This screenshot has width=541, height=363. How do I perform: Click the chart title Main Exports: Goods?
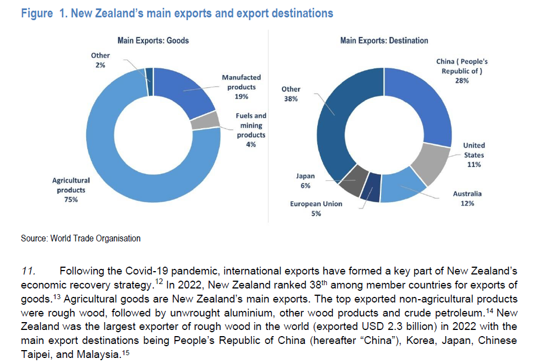[153, 40]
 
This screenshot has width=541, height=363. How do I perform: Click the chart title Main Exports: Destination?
[384, 40]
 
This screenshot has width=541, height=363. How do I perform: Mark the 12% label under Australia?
[467, 203]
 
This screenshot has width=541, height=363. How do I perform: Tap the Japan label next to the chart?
[305, 176]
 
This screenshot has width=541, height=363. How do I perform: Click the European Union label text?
[316, 204]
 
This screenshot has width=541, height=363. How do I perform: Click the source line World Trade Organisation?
[81, 239]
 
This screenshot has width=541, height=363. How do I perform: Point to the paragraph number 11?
[28, 272]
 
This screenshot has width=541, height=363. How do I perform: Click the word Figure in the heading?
[36, 13]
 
